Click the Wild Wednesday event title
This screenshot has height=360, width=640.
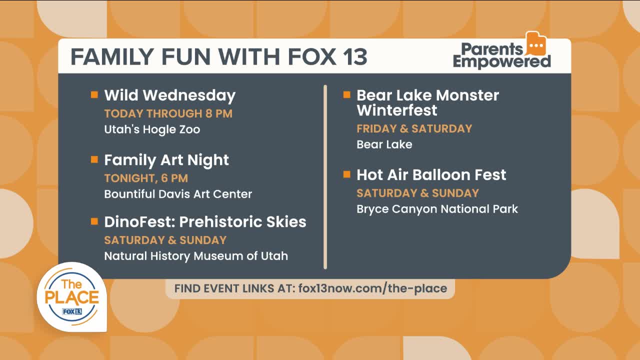169,95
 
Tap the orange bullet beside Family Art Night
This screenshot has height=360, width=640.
94,159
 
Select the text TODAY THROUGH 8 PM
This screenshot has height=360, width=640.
168,113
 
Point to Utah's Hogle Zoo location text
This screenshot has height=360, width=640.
152,129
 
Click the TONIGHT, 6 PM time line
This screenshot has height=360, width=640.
146,178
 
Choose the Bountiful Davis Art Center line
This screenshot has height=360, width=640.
178,194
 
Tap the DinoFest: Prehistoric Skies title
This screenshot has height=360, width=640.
205,222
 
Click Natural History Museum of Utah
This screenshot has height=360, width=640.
196,256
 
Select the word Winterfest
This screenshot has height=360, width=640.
397,110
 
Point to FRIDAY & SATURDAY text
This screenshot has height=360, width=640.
414,129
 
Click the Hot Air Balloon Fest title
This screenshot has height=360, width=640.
431,175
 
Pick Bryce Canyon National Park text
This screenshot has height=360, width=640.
437,209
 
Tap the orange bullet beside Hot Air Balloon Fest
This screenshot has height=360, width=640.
346,174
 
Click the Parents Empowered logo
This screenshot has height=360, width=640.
501,51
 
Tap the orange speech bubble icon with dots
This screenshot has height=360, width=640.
536,43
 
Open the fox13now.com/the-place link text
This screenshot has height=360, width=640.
372,288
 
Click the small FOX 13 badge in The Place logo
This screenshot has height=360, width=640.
72,311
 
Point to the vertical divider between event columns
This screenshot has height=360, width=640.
325,177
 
